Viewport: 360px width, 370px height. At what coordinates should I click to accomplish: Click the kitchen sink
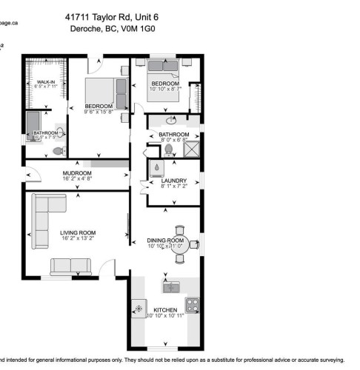tap(171, 286)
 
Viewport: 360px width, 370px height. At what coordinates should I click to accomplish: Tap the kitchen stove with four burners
tap(192, 303)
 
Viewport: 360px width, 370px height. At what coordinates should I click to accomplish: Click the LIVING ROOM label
tap(78, 233)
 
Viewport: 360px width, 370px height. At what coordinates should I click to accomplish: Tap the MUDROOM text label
tap(77, 172)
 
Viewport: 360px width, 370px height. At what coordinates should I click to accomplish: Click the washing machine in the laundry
tap(158, 166)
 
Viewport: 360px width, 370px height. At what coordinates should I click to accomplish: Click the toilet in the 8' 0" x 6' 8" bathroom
tap(169, 149)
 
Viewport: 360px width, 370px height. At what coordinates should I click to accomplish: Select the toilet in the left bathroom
tap(58, 151)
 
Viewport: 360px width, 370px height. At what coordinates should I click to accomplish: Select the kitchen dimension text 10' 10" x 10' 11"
tap(165, 316)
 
